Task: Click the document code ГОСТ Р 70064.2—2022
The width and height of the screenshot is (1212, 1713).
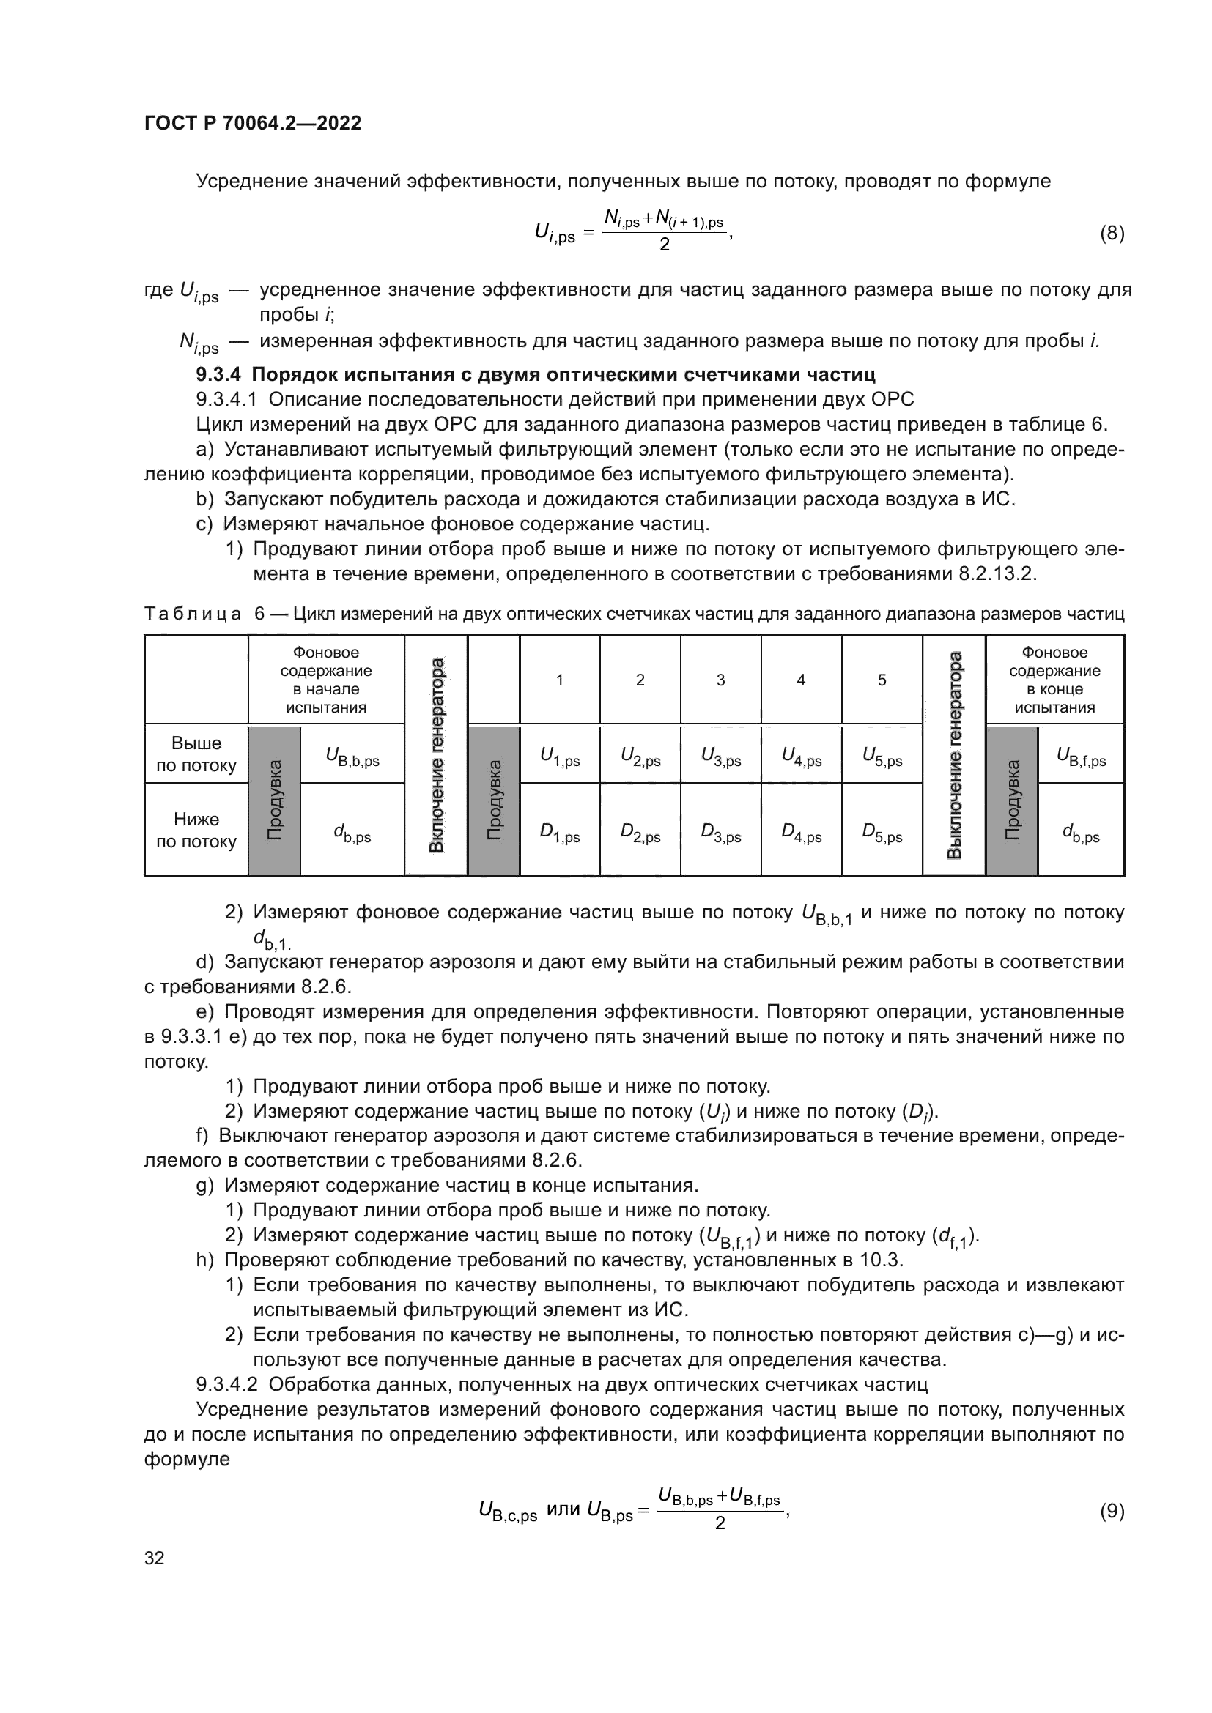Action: (252, 123)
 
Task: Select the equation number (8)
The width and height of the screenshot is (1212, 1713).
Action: (1112, 234)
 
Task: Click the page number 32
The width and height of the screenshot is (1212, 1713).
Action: (154, 1558)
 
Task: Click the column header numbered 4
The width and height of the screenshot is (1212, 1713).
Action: (801, 680)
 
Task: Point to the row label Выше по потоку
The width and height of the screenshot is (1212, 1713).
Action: (196, 754)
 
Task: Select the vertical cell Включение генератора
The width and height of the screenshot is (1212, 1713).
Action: (437, 755)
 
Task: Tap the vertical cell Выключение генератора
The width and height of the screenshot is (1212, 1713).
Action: (954, 755)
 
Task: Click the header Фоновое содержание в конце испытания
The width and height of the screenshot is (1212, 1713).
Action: (1054, 680)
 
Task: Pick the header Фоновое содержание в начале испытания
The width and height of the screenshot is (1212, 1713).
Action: (326, 680)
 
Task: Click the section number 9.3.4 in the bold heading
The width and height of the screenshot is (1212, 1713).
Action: (218, 374)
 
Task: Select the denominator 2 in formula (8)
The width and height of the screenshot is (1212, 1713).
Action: (664, 245)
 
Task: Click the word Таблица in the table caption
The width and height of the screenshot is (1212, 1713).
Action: (193, 614)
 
